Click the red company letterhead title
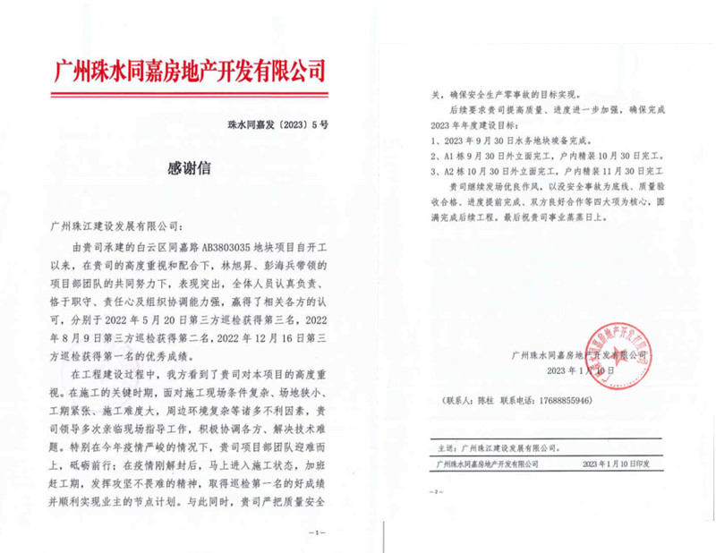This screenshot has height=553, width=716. [x=189, y=69]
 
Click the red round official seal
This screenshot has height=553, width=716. [x=618, y=355]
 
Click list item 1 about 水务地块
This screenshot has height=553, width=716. [x=506, y=140]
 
